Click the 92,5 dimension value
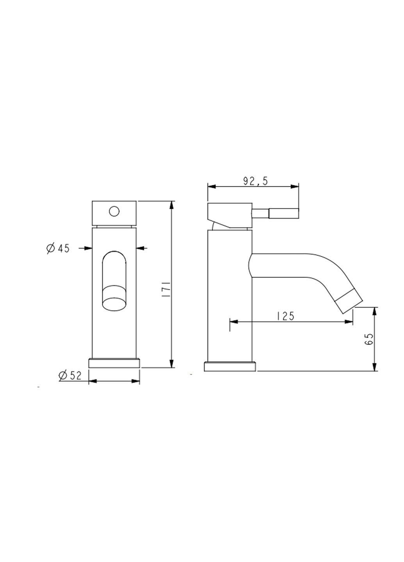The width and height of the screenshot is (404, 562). click(x=255, y=181)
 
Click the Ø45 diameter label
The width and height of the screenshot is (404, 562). click(x=58, y=248)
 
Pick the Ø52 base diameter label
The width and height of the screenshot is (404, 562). click(x=70, y=375)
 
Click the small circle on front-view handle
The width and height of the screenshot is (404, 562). click(x=114, y=212)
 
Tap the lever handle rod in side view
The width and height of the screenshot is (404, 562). click(x=276, y=213)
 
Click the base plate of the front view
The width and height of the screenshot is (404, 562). click(x=114, y=363)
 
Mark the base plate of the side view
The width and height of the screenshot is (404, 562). click(x=230, y=366)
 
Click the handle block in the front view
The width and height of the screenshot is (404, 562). click(x=114, y=213)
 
